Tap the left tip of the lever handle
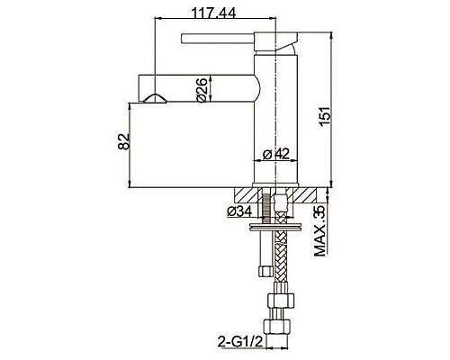(185, 39)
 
